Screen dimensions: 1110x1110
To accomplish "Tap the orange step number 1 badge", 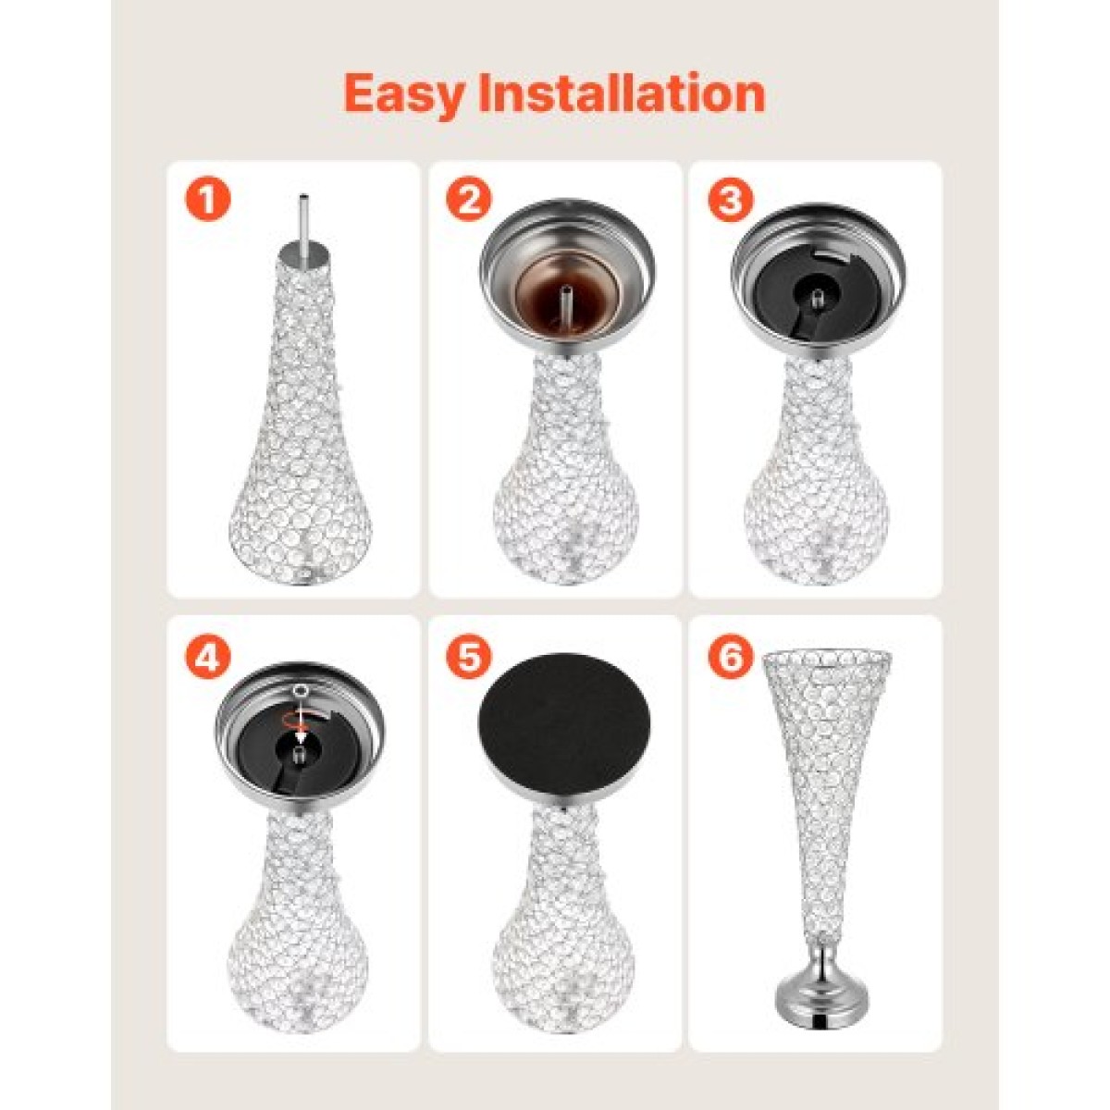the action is coord(207,199).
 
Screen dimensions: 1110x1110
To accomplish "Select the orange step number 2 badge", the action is coord(469,199).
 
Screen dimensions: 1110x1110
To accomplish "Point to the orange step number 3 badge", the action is coord(731,199).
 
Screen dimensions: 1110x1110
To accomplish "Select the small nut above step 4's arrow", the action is coord(300,693).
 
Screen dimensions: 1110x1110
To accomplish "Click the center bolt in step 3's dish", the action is coord(819,299).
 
